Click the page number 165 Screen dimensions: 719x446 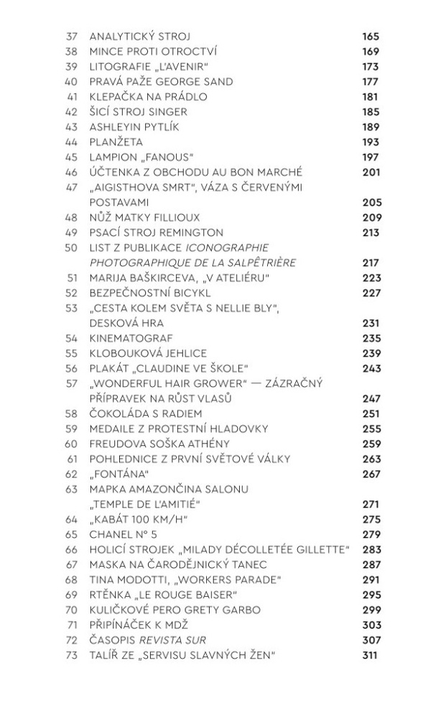tap(371, 36)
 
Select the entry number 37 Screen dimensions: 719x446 tap(70, 36)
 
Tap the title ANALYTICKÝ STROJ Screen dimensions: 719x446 tap(139, 36)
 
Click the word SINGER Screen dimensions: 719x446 tap(169, 111)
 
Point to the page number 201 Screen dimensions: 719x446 tap(371, 172)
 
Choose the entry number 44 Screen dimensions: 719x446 tap(70, 142)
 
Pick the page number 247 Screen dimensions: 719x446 tap(371, 398)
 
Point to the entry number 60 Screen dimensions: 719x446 tap(70, 444)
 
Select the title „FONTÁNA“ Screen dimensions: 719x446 tap(119, 474)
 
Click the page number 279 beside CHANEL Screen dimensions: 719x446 tap(371, 534)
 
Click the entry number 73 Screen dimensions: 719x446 tap(70, 655)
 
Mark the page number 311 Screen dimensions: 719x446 tap(371, 655)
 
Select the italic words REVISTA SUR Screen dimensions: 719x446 tap(180, 640)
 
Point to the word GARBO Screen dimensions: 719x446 tap(219, 610)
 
